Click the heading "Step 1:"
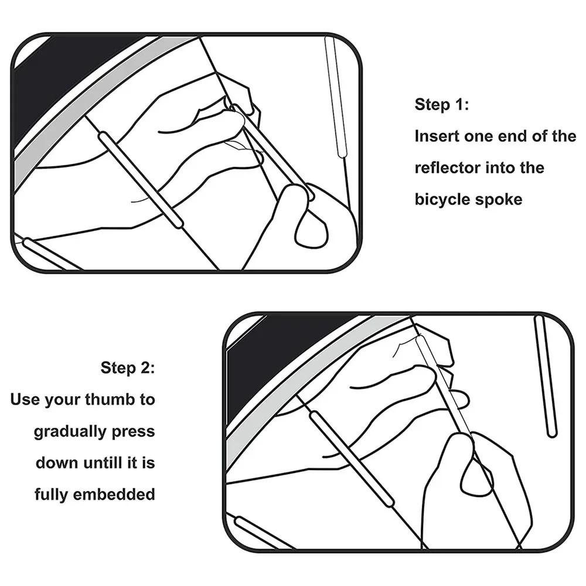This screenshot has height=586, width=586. (441, 104)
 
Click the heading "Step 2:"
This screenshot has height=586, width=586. (127, 368)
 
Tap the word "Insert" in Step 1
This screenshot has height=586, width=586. (437, 136)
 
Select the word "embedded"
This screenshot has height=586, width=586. (114, 495)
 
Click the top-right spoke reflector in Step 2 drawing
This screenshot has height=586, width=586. (545, 376)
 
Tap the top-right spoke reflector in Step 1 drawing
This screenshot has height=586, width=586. (334, 97)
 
